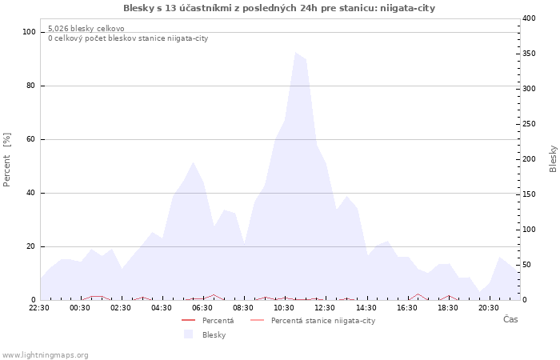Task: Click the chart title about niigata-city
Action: [279, 8]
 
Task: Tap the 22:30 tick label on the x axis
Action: [39, 307]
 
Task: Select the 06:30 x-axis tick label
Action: [202, 307]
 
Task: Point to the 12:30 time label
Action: [325, 307]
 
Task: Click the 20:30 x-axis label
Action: [488, 307]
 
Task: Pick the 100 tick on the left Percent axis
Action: [30, 32]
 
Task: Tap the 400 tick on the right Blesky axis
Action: [529, 18]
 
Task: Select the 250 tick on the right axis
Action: [529, 124]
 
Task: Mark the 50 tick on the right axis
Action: [527, 265]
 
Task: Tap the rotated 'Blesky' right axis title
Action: [553, 158]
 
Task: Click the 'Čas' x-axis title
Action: [510, 320]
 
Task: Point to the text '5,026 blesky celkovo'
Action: [86, 29]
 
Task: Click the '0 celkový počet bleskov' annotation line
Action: [128, 38]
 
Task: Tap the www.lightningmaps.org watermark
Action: [45, 355]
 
